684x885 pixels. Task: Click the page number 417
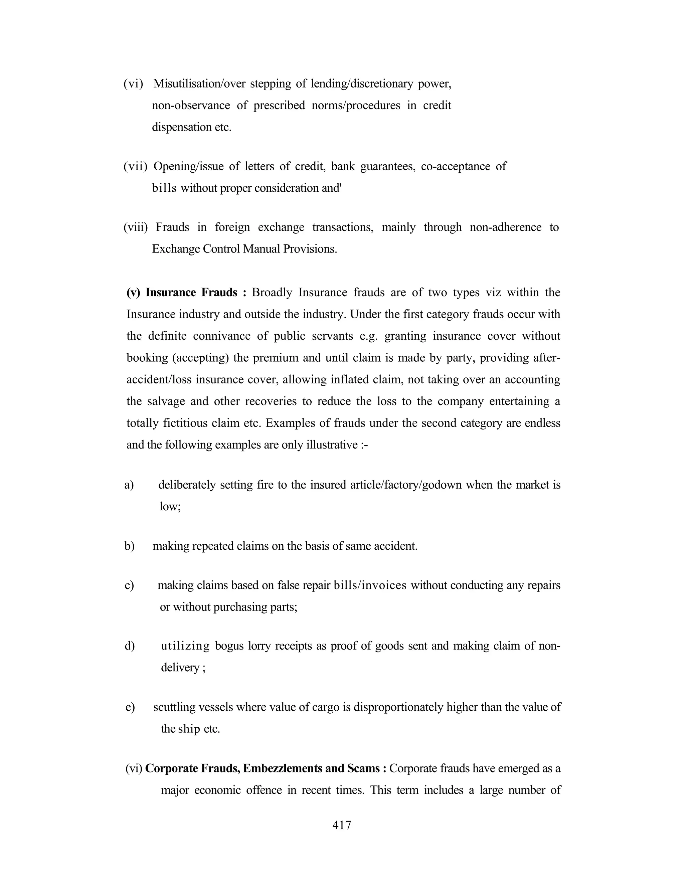342,825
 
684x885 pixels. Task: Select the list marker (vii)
135,167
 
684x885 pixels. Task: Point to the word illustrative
332,445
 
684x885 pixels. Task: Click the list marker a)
129,485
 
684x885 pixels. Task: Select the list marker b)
129,546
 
